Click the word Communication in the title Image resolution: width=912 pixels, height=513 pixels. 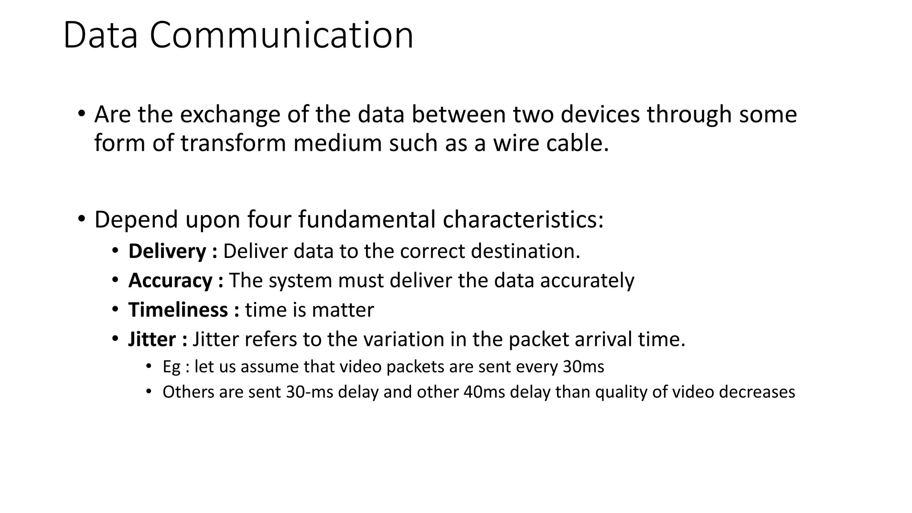pos(281,36)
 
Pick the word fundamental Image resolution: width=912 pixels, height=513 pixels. pos(367,220)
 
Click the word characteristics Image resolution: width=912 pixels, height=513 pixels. pos(523,220)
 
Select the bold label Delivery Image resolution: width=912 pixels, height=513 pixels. pos(167,252)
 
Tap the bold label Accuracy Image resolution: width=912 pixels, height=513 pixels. pos(170,281)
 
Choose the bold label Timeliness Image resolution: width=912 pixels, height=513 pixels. pos(178,310)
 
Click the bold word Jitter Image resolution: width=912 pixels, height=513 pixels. pos(152,339)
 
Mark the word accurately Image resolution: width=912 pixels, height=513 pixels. pos(587,281)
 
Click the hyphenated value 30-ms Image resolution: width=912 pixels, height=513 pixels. pos(309,392)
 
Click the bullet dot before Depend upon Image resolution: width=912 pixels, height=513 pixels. pos(81,219)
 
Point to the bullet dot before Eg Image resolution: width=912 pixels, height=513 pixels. pos(149,366)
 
